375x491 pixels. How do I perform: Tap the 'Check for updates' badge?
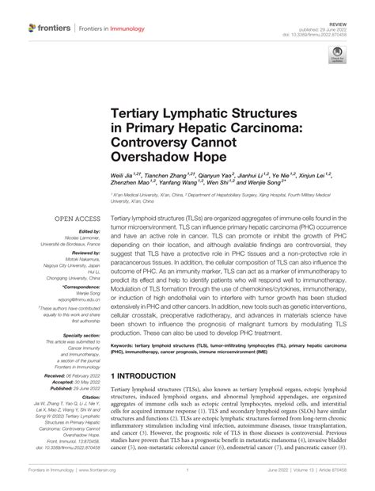coord(339,59)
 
